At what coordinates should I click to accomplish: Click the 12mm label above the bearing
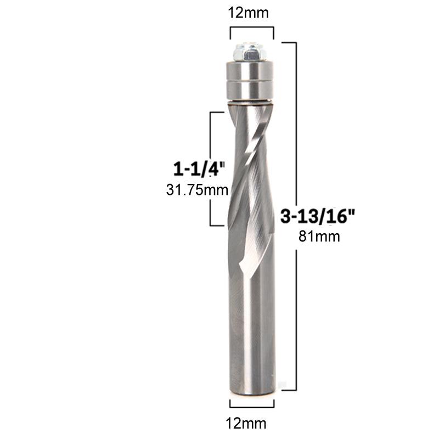pyautogui.click(x=249, y=13)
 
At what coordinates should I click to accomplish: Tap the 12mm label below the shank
pyautogui.click(x=246, y=423)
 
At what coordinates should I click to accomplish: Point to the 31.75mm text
pyautogui.click(x=197, y=190)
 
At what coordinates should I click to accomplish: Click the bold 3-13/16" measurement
pyautogui.click(x=318, y=216)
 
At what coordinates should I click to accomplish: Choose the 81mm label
pyautogui.click(x=319, y=237)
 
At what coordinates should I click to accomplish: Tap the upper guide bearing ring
pyautogui.click(x=250, y=71)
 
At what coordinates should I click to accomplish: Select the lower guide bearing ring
pyautogui.click(x=250, y=90)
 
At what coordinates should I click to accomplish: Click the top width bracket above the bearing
pyautogui.click(x=252, y=27)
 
